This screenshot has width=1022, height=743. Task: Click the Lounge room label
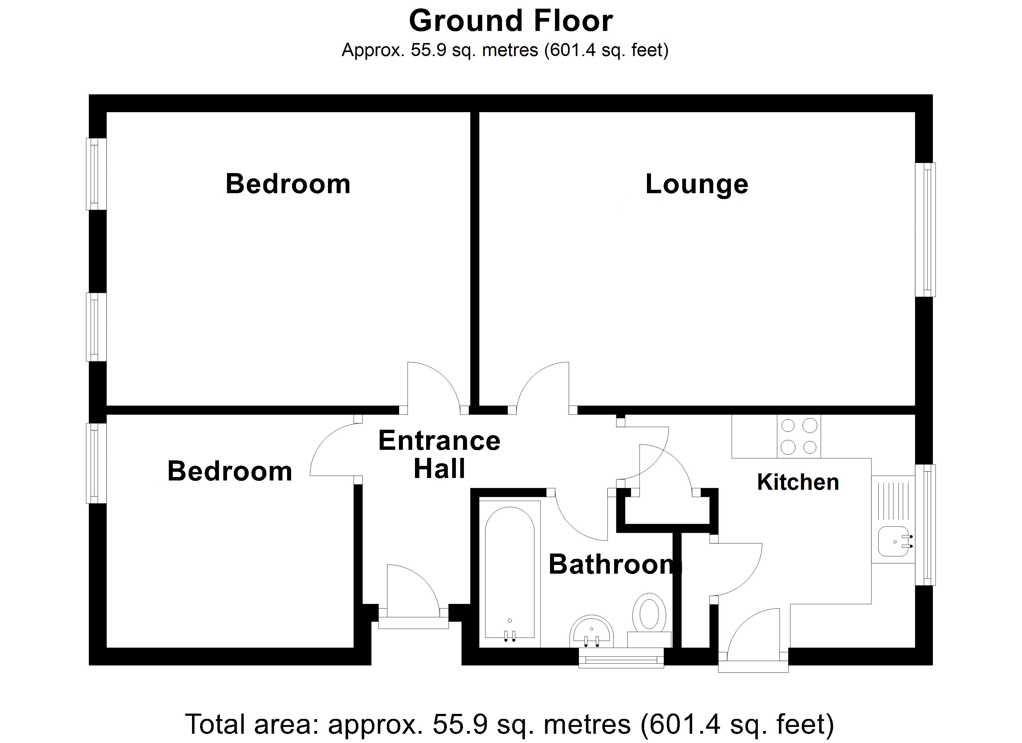pyautogui.click(x=697, y=184)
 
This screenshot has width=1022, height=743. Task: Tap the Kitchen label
pyautogui.click(x=798, y=482)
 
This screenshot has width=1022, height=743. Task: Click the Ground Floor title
pyautogui.click(x=511, y=21)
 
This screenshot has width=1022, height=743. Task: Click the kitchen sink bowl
pyautogui.click(x=893, y=541)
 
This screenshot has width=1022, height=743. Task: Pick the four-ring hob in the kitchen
pyautogui.click(x=799, y=436)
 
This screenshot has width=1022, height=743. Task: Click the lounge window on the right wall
pyautogui.click(x=925, y=229)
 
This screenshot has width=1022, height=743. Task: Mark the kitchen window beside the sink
pyautogui.click(x=925, y=525)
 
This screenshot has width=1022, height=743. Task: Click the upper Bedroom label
pyautogui.click(x=288, y=184)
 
